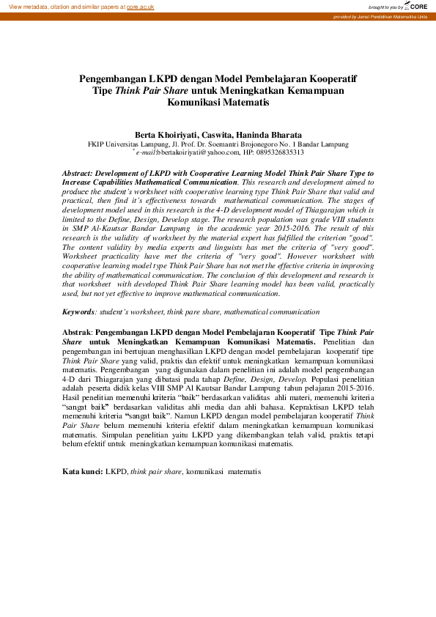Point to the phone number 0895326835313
(x=278, y=152)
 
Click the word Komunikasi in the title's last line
(x=194, y=103)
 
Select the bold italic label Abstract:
(x=80, y=173)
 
